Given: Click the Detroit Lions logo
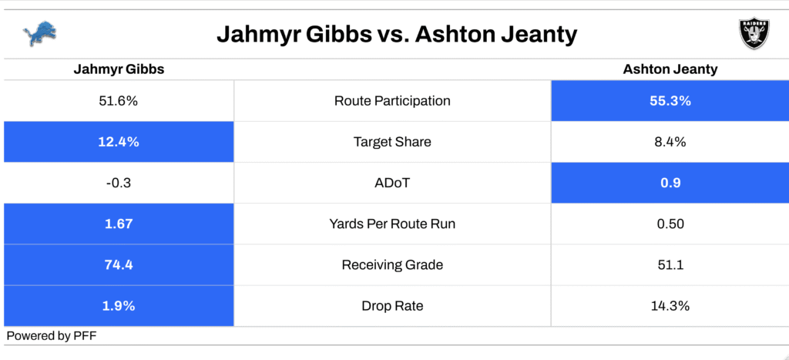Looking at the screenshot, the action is (39, 34).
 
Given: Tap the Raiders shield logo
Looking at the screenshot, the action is (754, 34).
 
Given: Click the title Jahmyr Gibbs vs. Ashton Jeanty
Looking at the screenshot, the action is (397, 35).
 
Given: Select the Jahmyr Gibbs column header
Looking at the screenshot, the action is (119, 69).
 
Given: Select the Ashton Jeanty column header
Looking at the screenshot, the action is (670, 69).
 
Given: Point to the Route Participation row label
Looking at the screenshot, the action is (392, 101).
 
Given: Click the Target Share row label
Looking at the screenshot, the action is (392, 142).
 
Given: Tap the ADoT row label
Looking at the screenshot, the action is (392, 183).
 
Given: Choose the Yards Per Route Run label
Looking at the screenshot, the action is (392, 224).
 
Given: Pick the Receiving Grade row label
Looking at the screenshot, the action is (392, 265).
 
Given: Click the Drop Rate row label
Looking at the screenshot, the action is (392, 305).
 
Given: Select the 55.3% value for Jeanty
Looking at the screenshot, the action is (670, 101).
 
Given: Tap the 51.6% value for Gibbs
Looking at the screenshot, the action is (119, 101).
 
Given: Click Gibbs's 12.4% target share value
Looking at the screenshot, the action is (119, 142).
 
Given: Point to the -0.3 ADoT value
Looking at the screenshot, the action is (119, 183).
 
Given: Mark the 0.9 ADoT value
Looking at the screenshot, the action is (670, 183).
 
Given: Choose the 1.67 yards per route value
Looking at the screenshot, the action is (119, 224).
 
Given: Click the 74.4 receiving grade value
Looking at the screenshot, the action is (119, 265).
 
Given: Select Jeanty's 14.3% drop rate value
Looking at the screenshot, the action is (670, 305).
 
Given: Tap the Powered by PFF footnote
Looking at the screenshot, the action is (52, 336).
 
